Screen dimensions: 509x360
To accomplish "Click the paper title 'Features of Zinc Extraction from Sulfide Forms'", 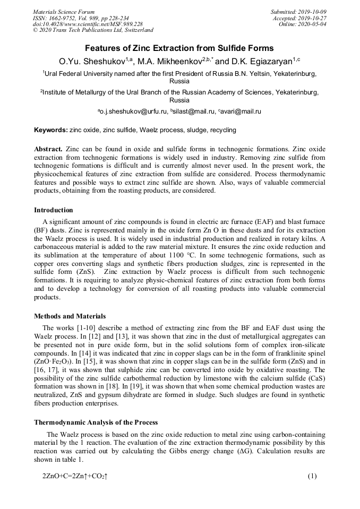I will coord(179,48).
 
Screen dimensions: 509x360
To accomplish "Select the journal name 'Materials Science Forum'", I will coord(64,12).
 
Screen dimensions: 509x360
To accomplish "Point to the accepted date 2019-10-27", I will coord(314,18).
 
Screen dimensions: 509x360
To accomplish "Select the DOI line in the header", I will coord(88,24).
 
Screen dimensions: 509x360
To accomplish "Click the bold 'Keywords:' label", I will coord(50,130).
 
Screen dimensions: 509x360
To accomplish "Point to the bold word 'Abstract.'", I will coord(48,150).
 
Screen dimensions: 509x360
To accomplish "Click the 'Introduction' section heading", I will coord(54,210).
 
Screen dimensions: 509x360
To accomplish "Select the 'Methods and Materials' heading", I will coord(70,316).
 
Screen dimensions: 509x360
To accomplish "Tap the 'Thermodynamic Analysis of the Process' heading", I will coord(96,422).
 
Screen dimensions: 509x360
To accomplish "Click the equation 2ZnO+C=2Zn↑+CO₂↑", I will coord(75,476).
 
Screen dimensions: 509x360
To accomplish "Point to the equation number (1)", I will coord(312,476).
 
